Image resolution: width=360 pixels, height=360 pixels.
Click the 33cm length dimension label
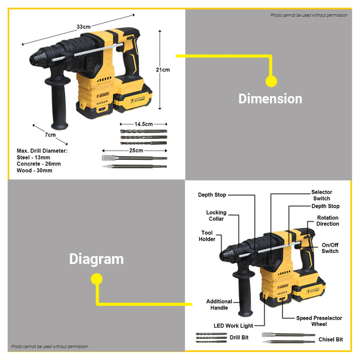click(x=84, y=27)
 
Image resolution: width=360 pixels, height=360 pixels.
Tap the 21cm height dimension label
click(x=163, y=69)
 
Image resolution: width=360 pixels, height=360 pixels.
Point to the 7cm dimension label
click(x=50, y=135)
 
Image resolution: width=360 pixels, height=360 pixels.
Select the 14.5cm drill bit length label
click(x=143, y=124)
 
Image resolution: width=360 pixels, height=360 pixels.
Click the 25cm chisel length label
click(x=136, y=150)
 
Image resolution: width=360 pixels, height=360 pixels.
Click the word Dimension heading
click(x=270, y=99)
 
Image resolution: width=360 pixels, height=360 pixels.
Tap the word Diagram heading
click(x=96, y=259)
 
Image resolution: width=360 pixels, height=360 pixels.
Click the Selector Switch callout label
click(x=321, y=195)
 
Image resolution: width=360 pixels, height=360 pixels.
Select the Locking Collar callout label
click(x=216, y=215)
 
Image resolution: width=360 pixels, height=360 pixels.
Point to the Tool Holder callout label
click(x=207, y=236)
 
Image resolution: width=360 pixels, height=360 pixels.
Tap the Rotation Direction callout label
click(x=328, y=221)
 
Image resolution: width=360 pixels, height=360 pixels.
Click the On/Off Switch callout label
click(x=330, y=248)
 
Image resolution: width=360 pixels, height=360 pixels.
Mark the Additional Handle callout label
click(x=219, y=304)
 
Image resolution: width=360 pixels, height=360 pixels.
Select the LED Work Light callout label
click(x=233, y=326)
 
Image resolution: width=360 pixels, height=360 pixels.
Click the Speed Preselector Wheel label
click(x=319, y=321)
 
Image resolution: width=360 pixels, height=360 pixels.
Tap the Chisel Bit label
click(x=331, y=339)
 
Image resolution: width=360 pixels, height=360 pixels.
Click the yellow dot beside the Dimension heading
click(x=271, y=81)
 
